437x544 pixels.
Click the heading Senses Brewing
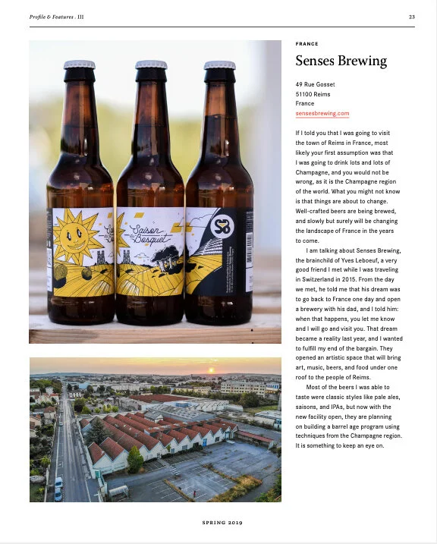tap(341, 61)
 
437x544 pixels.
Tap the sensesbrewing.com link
tap(322, 113)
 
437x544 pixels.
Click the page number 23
tap(411, 17)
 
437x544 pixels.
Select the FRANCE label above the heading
tap(307, 44)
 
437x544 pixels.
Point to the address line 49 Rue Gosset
tap(315, 84)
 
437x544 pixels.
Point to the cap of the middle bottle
tap(150, 64)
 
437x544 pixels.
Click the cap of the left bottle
tap(79, 64)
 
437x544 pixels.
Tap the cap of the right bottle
tap(220, 64)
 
